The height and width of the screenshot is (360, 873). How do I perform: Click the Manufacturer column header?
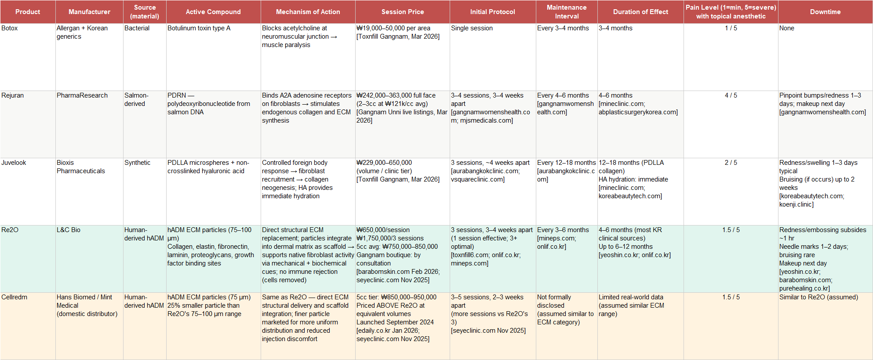[x=89, y=12]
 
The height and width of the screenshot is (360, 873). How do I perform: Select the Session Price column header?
[x=402, y=12]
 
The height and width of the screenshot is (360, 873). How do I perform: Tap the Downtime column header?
[x=825, y=12]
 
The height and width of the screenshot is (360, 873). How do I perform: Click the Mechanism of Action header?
[x=308, y=12]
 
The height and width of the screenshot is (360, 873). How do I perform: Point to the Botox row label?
[x=10, y=28]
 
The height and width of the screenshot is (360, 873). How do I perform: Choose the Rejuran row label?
[x=12, y=95]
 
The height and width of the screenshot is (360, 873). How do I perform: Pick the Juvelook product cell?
[x=14, y=163]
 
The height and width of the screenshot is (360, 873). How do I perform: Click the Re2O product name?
[x=10, y=230]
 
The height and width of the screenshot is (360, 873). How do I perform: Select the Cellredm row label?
[x=14, y=297]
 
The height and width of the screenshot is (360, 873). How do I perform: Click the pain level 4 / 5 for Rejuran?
[x=731, y=95]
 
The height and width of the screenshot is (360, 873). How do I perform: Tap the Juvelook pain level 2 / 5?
[x=731, y=163]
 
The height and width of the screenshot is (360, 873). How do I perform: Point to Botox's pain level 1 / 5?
[x=731, y=28]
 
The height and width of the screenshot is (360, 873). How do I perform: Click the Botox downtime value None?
[x=786, y=28]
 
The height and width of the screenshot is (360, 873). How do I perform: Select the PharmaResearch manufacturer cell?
[x=82, y=95]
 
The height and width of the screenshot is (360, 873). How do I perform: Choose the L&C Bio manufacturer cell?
[x=69, y=230]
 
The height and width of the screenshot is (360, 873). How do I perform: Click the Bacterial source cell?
[x=137, y=28]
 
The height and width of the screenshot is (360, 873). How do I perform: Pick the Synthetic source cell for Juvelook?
[x=137, y=163]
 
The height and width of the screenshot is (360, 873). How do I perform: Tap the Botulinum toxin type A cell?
[x=199, y=28]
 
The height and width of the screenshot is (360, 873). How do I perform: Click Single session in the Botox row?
[x=472, y=28]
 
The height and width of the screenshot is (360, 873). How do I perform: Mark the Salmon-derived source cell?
[x=136, y=99]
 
